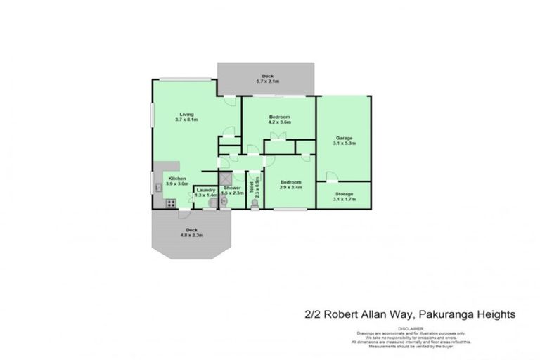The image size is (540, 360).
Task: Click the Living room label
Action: click(186, 114)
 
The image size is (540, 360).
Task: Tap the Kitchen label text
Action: click(176, 179)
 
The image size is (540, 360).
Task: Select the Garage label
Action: click(344, 137)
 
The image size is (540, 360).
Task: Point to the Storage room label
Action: click(344, 193)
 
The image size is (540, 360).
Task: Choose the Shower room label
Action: click(232, 188)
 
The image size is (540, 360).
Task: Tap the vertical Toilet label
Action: click(250, 185)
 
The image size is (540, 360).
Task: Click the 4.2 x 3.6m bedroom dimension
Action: click(279, 122)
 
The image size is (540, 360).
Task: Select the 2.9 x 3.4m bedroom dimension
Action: click(290, 187)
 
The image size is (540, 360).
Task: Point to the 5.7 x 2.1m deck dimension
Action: click(267, 81)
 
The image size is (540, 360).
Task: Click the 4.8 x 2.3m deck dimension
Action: click(192, 235)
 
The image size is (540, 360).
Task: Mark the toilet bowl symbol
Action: click(254, 203)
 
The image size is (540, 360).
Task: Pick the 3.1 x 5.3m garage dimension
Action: click(344, 143)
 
